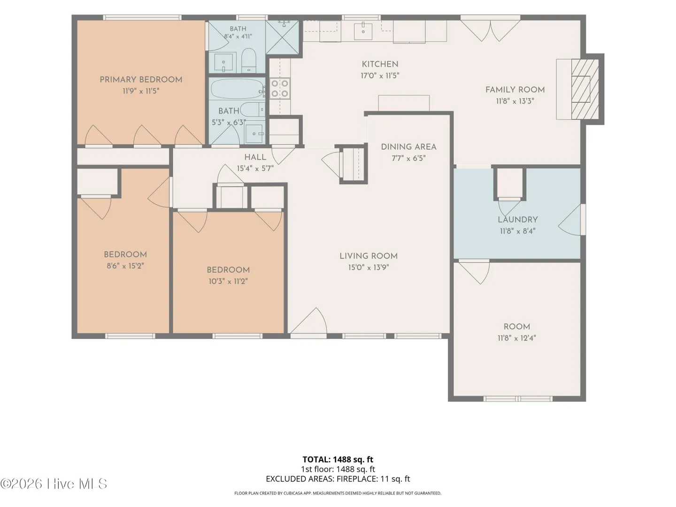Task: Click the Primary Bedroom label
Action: (x=141, y=80)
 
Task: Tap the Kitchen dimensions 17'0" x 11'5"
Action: (x=380, y=76)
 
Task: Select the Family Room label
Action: (x=515, y=90)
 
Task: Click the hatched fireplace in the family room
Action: (x=585, y=89)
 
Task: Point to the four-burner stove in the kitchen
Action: (x=280, y=88)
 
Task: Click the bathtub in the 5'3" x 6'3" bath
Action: (x=238, y=88)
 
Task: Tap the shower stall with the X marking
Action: (x=283, y=37)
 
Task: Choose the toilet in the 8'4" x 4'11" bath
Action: (x=249, y=60)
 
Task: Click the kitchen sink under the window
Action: (x=363, y=31)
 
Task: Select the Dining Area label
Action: (x=409, y=147)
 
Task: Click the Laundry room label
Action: (x=518, y=220)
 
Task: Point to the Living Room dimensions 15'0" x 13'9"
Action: (x=369, y=268)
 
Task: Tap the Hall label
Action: (x=255, y=158)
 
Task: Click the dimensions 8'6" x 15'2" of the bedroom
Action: (x=125, y=266)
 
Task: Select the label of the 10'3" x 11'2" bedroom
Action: (x=228, y=270)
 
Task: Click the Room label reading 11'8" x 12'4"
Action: (x=517, y=327)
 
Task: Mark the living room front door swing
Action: (x=308, y=321)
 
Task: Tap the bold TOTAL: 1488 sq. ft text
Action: (x=338, y=460)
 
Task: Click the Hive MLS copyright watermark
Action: (x=54, y=484)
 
